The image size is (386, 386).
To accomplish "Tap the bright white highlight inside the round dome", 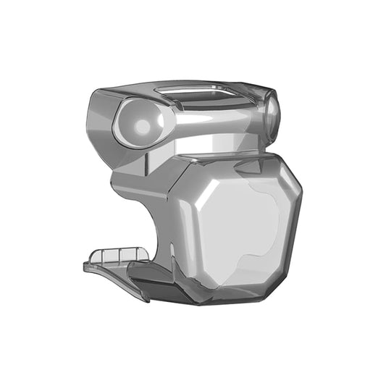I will click(x=143, y=127).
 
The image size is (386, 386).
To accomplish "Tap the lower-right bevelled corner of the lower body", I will click(x=286, y=279).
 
